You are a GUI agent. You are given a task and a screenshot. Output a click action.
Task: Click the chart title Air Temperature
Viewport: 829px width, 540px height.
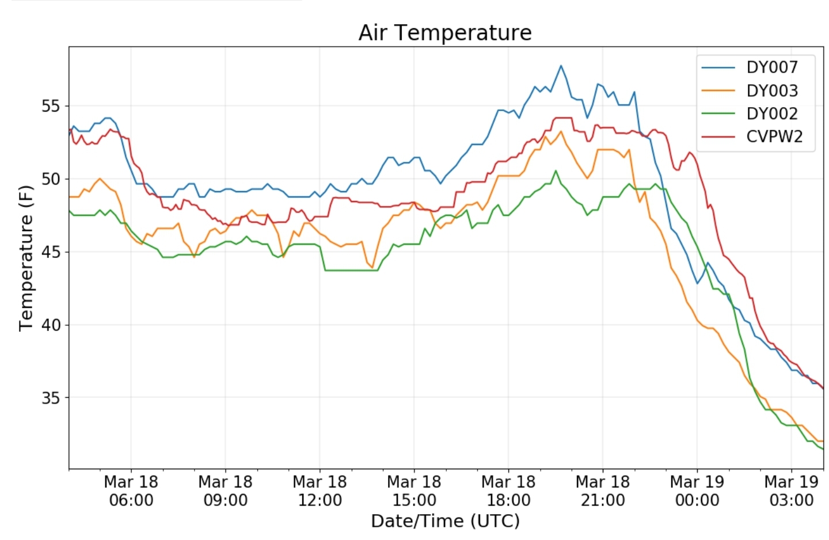pyautogui.click(x=445, y=33)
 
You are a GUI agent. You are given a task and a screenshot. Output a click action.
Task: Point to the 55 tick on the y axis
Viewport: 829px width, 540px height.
pyautogui.click(x=51, y=107)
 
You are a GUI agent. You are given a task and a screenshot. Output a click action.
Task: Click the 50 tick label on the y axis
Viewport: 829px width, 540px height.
pyautogui.click(x=51, y=179)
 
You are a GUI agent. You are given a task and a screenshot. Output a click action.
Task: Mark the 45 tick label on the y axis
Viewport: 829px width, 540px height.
pyautogui.click(x=51, y=252)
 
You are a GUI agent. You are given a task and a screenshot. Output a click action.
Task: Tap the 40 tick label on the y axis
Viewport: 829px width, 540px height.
pyautogui.click(x=51, y=325)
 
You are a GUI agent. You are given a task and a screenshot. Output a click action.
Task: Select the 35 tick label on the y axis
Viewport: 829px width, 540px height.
pyautogui.click(x=51, y=398)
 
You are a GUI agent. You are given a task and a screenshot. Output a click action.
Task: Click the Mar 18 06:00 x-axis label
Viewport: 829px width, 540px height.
pyautogui.click(x=131, y=490)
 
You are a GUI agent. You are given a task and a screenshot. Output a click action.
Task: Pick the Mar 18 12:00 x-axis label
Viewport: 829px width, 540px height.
pyautogui.click(x=320, y=490)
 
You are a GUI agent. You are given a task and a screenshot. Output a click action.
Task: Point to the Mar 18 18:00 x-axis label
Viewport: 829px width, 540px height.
pyautogui.click(x=508, y=490)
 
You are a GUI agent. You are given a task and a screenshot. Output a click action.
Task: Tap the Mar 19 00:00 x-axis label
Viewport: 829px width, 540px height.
pyautogui.click(x=697, y=490)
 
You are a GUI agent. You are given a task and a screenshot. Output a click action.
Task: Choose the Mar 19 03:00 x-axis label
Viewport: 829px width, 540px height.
pyautogui.click(x=791, y=490)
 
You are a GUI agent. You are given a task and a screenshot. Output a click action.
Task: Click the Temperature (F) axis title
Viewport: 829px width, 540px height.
pyautogui.click(x=26, y=258)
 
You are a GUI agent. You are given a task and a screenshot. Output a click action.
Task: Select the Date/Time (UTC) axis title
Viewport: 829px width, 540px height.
pyautogui.click(x=445, y=521)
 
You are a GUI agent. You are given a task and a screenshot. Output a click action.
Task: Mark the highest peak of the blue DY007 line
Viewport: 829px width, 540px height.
pyautogui.click(x=561, y=66)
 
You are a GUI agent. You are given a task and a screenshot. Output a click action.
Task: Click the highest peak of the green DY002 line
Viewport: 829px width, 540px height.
pyautogui.click(x=556, y=170)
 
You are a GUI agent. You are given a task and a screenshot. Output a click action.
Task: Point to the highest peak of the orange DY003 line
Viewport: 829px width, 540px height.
pyautogui.click(x=561, y=131)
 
